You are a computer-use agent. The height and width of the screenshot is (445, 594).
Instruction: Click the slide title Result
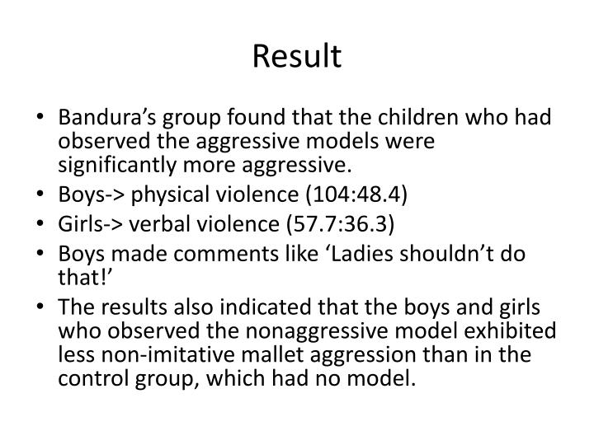click(x=296, y=56)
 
